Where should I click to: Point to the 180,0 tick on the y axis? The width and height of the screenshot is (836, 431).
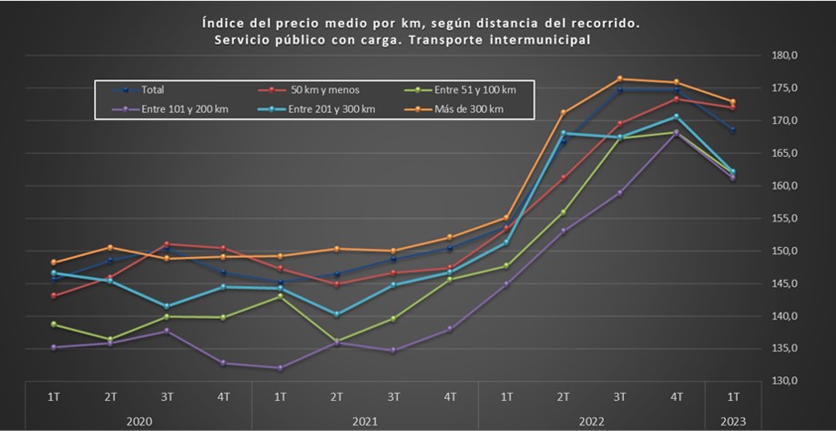783,56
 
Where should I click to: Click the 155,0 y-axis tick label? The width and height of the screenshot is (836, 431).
783,219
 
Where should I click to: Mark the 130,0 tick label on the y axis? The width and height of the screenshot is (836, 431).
783,381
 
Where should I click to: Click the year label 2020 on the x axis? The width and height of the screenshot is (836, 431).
138,422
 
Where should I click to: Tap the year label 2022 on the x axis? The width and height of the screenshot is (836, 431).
591,422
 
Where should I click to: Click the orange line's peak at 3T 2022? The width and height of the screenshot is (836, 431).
619,78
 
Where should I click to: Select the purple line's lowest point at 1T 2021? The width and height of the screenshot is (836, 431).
280,368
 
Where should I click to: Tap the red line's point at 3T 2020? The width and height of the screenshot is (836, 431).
167,244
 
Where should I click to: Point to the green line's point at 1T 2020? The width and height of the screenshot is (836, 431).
54,324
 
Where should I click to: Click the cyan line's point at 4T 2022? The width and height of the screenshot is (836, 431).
676,117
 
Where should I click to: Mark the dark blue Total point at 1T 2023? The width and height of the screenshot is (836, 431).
732,130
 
